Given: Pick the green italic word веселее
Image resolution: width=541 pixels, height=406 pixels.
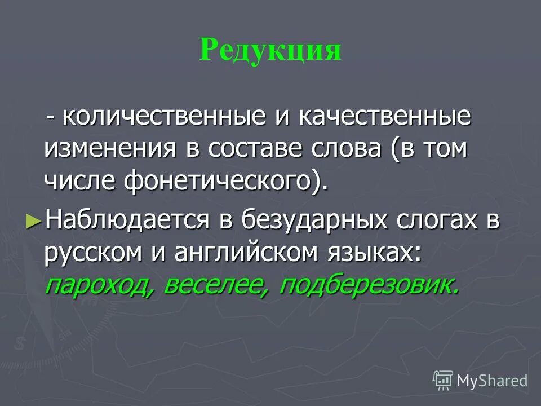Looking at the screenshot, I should click(213, 284).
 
